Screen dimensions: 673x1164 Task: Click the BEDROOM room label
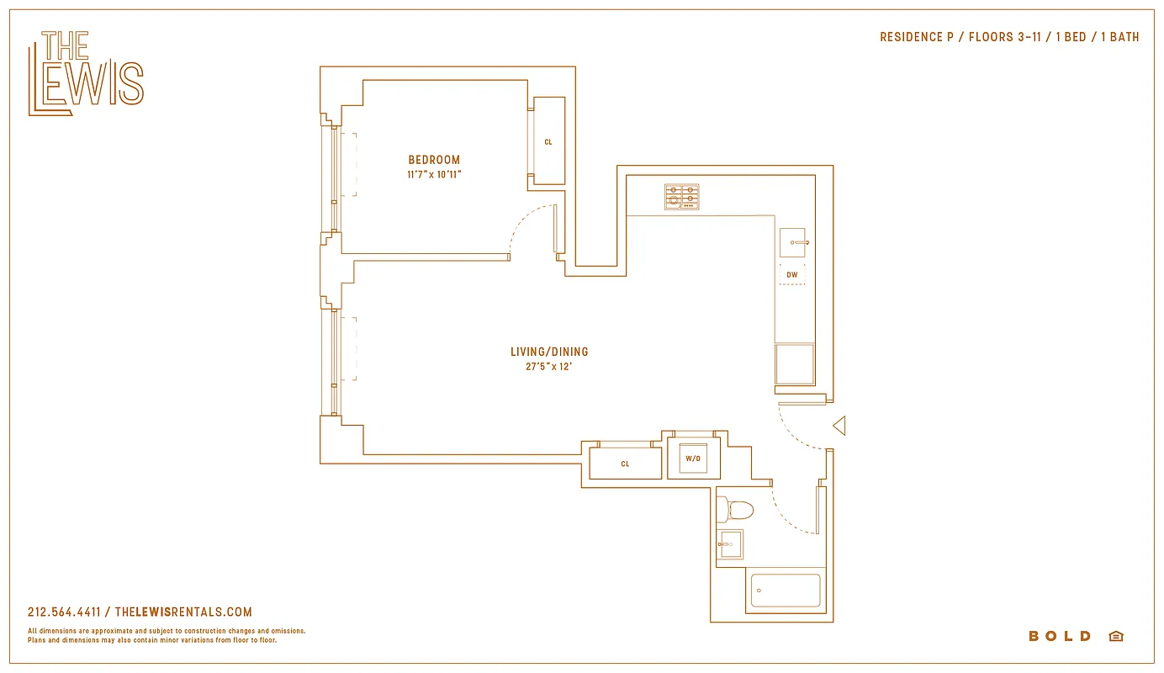pyautogui.click(x=434, y=160)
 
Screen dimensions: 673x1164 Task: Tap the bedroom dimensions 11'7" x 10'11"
pyautogui.click(x=434, y=175)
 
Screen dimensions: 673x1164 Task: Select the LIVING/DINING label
pyautogui.click(x=549, y=352)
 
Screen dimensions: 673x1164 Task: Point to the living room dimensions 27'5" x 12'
pyautogui.click(x=549, y=367)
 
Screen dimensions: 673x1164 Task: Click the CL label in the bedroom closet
pyautogui.click(x=548, y=142)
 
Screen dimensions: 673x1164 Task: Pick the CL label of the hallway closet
pyautogui.click(x=625, y=464)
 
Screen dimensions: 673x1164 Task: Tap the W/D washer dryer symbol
pyautogui.click(x=693, y=458)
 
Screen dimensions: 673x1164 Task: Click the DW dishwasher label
pyautogui.click(x=791, y=275)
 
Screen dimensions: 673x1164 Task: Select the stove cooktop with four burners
pyautogui.click(x=681, y=197)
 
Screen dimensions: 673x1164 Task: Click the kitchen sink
pyautogui.click(x=791, y=242)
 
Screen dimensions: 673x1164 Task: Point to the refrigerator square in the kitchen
pyautogui.click(x=794, y=364)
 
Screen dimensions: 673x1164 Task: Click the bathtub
pyautogui.click(x=785, y=591)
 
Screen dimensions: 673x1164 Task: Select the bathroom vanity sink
pyautogui.click(x=730, y=544)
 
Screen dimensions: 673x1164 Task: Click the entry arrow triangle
pyautogui.click(x=839, y=427)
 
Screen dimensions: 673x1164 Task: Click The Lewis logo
pyautogui.click(x=86, y=73)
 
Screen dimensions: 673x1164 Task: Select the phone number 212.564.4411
pyautogui.click(x=64, y=612)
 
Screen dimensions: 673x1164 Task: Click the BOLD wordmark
pyautogui.click(x=1060, y=636)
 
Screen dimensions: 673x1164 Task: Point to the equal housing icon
pyautogui.click(x=1116, y=636)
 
